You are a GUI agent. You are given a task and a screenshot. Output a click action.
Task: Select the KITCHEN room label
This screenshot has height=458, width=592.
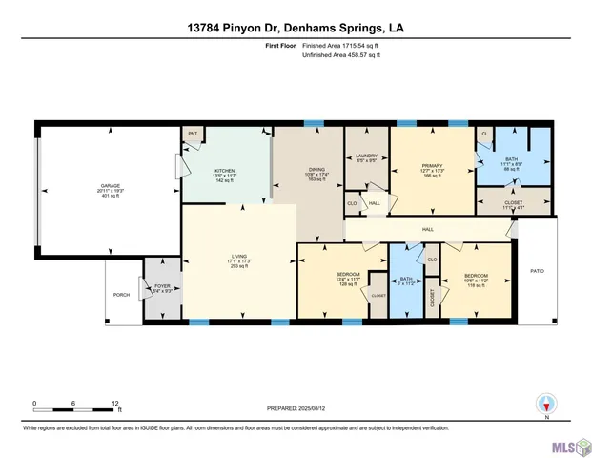(x=223, y=172)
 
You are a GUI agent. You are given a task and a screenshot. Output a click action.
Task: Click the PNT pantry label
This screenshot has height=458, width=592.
(x=193, y=135)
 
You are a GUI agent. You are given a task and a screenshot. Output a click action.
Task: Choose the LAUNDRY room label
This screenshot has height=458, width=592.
(x=366, y=156)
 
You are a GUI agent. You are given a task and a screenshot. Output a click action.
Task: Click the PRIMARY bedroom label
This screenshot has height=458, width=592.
(x=433, y=165)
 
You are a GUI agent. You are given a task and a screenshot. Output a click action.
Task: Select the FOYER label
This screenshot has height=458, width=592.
(x=161, y=286)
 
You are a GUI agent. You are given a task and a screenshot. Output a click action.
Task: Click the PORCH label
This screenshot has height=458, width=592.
(x=122, y=295)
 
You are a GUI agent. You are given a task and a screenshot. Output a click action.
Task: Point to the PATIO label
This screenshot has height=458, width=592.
(x=537, y=272)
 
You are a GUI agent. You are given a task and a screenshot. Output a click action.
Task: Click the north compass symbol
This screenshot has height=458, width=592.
(x=546, y=405)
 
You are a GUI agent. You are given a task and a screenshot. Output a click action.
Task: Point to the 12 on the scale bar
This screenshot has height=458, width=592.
(x=114, y=403)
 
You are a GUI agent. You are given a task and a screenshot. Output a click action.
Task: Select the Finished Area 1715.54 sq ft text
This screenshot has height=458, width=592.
(x=340, y=45)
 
